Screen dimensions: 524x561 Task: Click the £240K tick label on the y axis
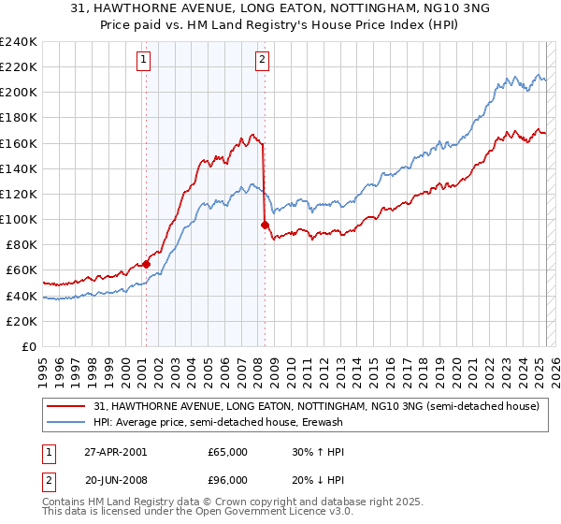[x=19, y=42]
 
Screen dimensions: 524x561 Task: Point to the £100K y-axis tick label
[x=19, y=219]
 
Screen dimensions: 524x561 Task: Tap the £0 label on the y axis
[x=28, y=346]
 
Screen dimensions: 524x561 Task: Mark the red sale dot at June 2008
[x=265, y=225]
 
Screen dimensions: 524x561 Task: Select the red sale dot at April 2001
[x=147, y=264]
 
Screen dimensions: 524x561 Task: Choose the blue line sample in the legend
[x=67, y=422]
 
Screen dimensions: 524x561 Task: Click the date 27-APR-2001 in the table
[x=116, y=451]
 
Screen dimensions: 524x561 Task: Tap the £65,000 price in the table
[x=226, y=451]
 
